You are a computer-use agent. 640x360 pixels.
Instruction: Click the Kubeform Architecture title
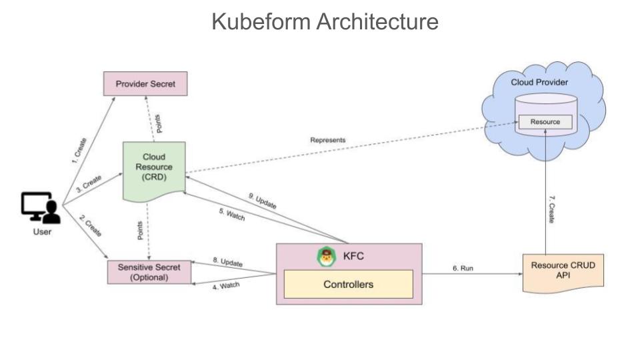[x=325, y=21]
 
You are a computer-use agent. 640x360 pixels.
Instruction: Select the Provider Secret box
[x=145, y=84]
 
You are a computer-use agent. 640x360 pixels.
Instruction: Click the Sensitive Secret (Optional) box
[x=149, y=272]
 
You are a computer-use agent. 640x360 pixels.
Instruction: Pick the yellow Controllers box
[x=349, y=285]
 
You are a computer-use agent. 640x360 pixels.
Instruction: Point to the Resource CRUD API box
[x=563, y=271]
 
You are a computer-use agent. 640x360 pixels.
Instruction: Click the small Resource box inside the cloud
[x=545, y=122]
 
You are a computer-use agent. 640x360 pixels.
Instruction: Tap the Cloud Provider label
[x=539, y=82]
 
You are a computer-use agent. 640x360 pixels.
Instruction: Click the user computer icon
[x=41, y=208]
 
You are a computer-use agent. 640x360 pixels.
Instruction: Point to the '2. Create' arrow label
[x=89, y=227]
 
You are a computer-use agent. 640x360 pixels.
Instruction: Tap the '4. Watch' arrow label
[x=226, y=287]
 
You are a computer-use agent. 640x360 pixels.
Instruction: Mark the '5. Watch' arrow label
[x=232, y=216]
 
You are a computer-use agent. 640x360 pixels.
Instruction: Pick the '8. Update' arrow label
[x=227, y=262]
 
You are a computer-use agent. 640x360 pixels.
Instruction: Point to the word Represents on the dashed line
[x=327, y=140]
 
